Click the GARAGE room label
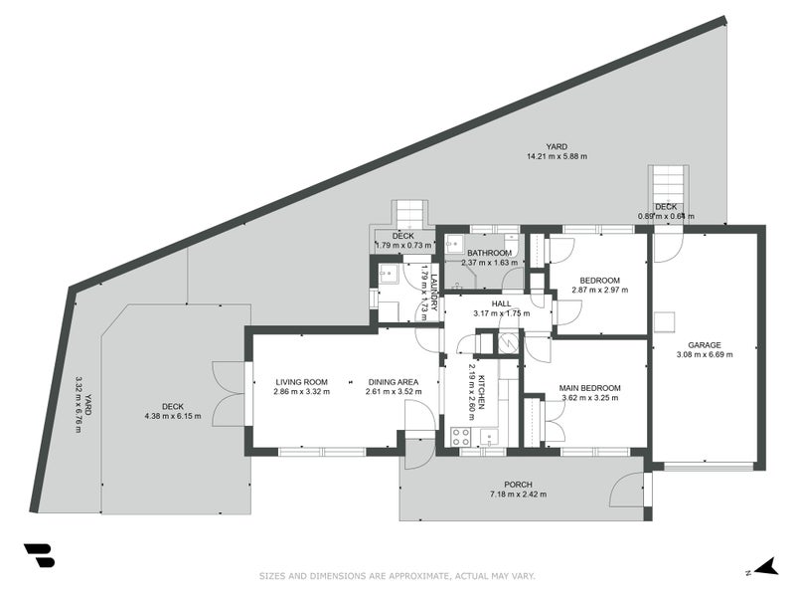tap(705, 345)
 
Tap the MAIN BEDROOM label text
tap(589, 388)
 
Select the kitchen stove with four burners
tap(462, 435)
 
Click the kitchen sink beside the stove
tap(489, 435)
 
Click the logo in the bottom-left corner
tap(39, 555)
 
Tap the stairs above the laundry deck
tap(410, 213)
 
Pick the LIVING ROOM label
tap(301, 381)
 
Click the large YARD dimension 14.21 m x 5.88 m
tap(556, 156)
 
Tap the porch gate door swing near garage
tap(628, 491)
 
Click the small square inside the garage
tap(663, 322)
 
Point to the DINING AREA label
tap(392, 381)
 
